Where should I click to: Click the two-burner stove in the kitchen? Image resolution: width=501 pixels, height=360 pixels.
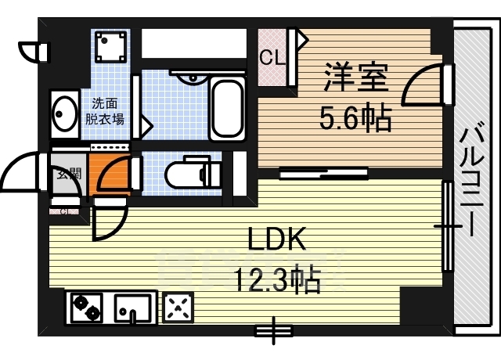click(x=85, y=307)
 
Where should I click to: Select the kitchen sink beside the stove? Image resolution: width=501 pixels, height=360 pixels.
click(x=133, y=307)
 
